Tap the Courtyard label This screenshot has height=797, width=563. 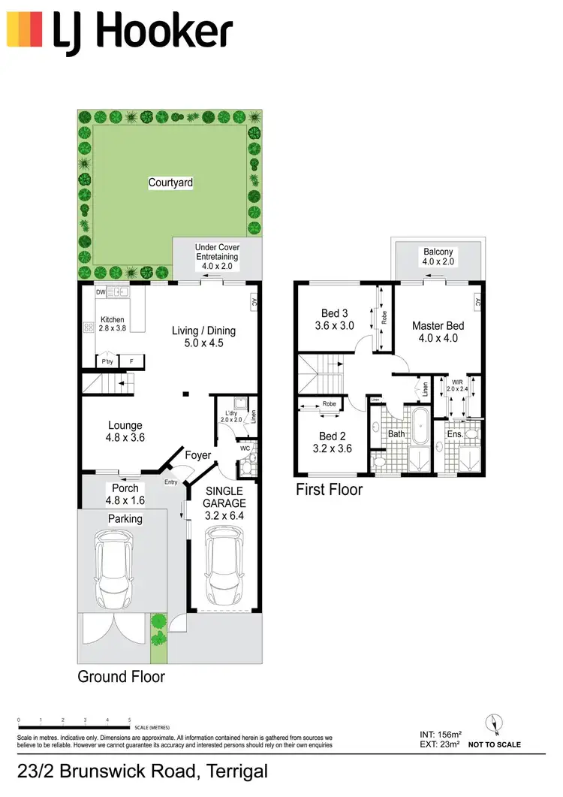[170, 183]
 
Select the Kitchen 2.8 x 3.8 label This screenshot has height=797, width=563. [112, 324]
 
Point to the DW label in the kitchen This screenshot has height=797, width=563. [101, 291]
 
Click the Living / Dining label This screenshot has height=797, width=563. [203, 337]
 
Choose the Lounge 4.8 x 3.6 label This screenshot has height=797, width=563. [125, 431]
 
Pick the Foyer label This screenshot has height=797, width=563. [198, 454]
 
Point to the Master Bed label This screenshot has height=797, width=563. [438, 331]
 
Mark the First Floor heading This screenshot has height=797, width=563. [330, 490]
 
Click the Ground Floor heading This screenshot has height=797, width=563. [122, 677]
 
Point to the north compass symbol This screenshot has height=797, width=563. [494, 723]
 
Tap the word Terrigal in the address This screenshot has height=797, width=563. [233, 771]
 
